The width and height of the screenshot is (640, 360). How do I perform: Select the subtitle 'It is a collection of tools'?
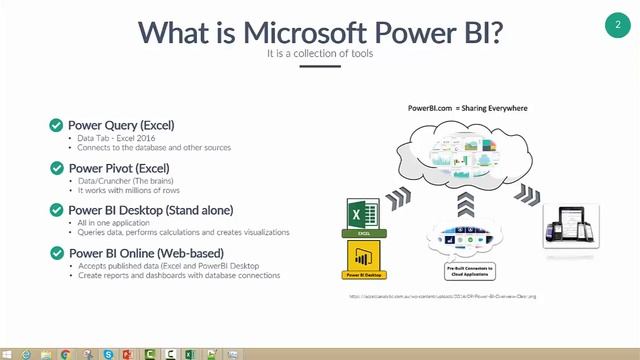(x=319, y=54)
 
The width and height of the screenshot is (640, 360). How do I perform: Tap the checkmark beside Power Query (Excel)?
(x=57, y=125)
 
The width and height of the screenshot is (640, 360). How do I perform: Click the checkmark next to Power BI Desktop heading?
(x=57, y=210)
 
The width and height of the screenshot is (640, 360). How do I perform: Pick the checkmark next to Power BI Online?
(x=57, y=253)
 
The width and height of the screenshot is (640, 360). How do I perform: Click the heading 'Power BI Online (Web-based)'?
(x=145, y=253)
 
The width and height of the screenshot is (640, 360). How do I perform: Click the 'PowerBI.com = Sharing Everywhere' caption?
(x=467, y=107)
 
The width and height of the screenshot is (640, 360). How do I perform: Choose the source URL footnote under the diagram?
(x=442, y=296)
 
